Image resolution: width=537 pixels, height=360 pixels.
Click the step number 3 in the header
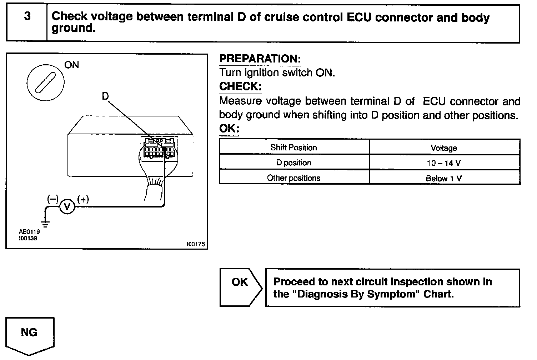point(27,17)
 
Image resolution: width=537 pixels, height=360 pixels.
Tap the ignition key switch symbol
point(46,81)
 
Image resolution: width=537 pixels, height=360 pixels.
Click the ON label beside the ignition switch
point(71,65)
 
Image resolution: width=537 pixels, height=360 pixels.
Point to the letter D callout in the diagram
point(105,96)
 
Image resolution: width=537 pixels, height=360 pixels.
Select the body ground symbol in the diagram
point(45,224)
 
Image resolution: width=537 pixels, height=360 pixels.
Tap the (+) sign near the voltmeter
point(83,199)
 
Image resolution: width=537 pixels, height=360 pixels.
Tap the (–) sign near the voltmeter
point(53,199)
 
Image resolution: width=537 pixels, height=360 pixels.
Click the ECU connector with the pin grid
point(159,147)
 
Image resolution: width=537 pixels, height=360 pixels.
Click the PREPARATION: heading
point(260,59)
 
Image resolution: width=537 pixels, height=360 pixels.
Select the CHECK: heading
point(240,86)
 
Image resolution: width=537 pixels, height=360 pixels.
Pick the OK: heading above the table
point(229,129)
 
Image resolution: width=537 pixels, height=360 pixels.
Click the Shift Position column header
point(293,147)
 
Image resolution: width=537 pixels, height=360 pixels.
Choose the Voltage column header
point(444,148)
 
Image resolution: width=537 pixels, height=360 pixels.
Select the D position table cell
point(293,163)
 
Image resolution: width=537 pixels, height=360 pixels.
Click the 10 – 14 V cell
point(444,163)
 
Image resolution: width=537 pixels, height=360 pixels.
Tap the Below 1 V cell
point(444,178)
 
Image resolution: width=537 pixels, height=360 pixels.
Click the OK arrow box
point(240,287)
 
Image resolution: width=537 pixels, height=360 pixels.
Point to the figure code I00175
point(196,244)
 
